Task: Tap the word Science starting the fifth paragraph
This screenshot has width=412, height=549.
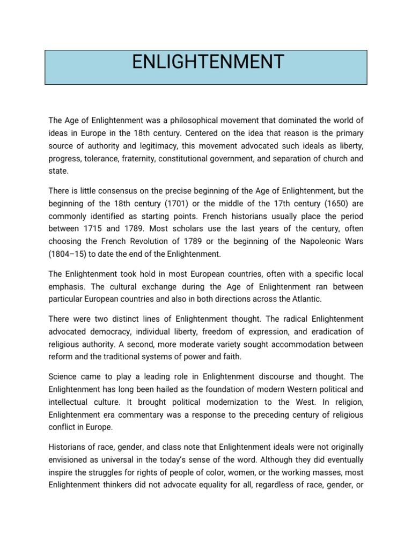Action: (63, 376)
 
